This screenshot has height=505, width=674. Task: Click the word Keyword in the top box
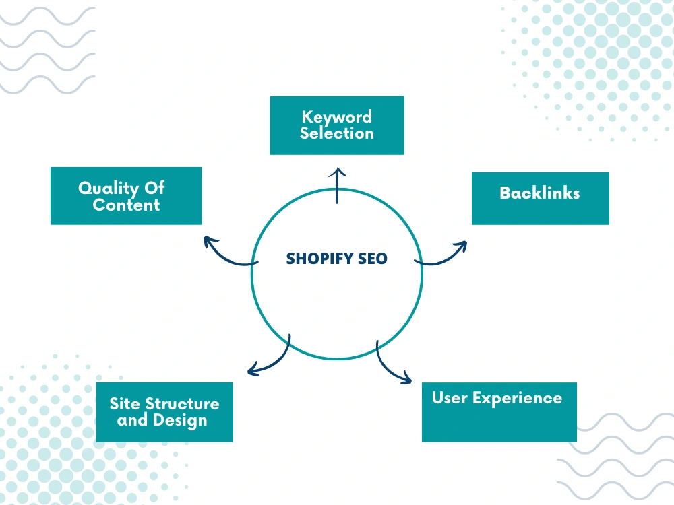pyautogui.click(x=336, y=117)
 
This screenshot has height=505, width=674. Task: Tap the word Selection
pyautogui.click(x=336, y=133)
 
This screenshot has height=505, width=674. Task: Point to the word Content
pyautogui.click(x=127, y=205)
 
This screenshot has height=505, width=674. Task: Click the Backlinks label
pyautogui.click(x=540, y=193)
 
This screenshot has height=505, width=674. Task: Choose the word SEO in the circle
pyautogui.click(x=373, y=259)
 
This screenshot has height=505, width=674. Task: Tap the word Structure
pyautogui.click(x=182, y=403)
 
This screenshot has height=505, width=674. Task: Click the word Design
pyautogui.click(x=180, y=420)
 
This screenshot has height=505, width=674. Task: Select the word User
pyautogui.click(x=450, y=398)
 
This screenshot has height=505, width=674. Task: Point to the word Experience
pyautogui.click(x=518, y=399)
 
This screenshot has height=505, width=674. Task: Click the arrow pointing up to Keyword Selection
pyautogui.click(x=337, y=186)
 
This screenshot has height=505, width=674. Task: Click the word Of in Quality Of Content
pyautogui.click(x=154, y=188)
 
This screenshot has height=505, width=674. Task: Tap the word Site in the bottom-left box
pyautogui.click(x=125, y=403)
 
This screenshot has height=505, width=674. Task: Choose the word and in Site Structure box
pyautogui.click(x=132, y=420)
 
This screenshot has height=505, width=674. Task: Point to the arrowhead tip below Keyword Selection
pyautogui.click(x=338, y=168)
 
